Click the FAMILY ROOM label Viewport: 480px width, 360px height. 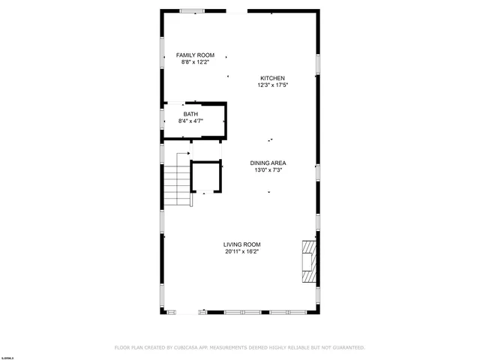coord(195,55)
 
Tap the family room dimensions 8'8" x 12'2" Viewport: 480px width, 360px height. coord(195,62)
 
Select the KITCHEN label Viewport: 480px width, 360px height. coord(272,78)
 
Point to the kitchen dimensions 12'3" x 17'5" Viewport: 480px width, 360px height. coord(272,85)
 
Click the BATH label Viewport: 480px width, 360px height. coord(190,114)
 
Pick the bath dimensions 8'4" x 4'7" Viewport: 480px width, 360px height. coord(190,121)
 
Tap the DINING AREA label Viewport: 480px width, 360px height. coord(268,163)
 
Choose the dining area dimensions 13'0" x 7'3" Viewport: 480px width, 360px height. coord(268,170)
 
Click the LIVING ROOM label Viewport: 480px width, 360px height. coord(241,244)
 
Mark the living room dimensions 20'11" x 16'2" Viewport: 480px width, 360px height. coord(241,251)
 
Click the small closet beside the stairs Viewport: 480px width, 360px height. coord(207,177)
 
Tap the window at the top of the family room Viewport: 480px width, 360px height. coord(192,11)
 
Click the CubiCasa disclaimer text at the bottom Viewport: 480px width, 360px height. coord(239,348)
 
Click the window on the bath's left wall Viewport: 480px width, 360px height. coord(163,118)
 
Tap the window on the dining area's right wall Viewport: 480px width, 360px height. coord(317,172)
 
